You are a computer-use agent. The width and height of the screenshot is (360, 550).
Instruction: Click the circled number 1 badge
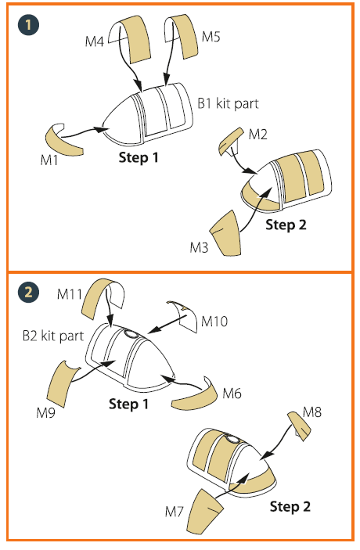pos(28,25)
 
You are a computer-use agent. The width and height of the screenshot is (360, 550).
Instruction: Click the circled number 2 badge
pos(28,292)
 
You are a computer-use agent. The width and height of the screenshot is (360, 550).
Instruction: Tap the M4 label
pos(95,41)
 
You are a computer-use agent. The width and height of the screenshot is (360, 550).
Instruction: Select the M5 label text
pos(211,37)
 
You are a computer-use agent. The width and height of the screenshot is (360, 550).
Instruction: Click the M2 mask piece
pos(230,141)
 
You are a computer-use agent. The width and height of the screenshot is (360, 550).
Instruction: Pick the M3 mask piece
pos(226,233)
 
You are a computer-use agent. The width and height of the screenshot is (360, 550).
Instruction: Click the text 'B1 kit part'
pos(228,103)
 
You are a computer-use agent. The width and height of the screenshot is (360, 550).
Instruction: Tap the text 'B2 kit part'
pos(53,336)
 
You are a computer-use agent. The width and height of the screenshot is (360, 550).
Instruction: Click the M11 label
pos(70,294)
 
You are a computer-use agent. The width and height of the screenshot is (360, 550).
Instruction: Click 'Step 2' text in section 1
pos(286,225)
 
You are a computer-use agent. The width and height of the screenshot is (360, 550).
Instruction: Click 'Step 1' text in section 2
pos(129,404)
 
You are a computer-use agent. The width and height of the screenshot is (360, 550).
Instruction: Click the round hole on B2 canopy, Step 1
pos(131,333)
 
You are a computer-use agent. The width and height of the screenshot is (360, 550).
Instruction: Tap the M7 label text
pos(175,512)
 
